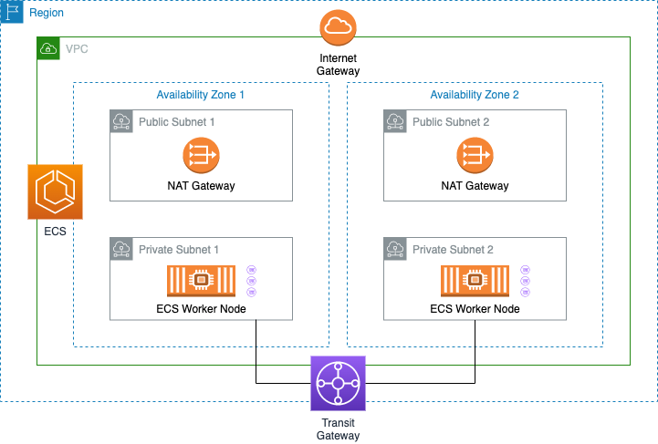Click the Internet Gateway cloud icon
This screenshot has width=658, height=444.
click(338, 28)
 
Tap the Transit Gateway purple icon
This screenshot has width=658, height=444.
click(338, 384)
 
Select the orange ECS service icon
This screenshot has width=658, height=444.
click(55, 192)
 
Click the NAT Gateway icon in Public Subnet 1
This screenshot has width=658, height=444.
click(201, 157)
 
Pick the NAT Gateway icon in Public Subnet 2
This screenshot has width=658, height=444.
click(475, 157)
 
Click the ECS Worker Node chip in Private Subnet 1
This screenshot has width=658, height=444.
click(201, 281)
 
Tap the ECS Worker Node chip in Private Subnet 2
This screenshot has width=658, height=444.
click(475, 281)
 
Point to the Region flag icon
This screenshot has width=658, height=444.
click(12, 13)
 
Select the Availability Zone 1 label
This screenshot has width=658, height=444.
click(201, 94)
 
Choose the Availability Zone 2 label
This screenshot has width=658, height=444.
click(475, 94)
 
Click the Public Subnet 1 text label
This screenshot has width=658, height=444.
click(177, 121)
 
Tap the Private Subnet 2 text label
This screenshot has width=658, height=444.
click(453, 249)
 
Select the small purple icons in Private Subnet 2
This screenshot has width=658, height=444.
click(525, 281)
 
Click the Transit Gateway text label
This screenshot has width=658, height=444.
click(338, 429)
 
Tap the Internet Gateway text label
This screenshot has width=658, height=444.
click(338, 64)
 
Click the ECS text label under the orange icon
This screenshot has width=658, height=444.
click(55, 232)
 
